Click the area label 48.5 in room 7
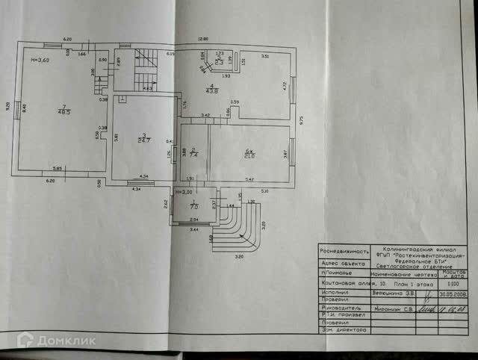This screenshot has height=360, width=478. (66, 113)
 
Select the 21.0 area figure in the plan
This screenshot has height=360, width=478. (249, 155)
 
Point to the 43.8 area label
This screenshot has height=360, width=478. (213, 92)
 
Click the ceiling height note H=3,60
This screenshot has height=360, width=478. (39, 60)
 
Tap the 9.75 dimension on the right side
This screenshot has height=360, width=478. (301, 118)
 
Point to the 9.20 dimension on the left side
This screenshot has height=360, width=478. (7, 107)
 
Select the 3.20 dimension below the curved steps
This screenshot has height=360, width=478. (239, 256)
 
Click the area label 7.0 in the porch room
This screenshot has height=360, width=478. (194, 206)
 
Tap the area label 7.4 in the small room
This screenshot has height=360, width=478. (193, 155)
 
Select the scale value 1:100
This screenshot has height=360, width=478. (454, 284)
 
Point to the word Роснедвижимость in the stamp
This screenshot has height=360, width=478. (344, 252)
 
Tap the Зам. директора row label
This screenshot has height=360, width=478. (343, 329)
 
